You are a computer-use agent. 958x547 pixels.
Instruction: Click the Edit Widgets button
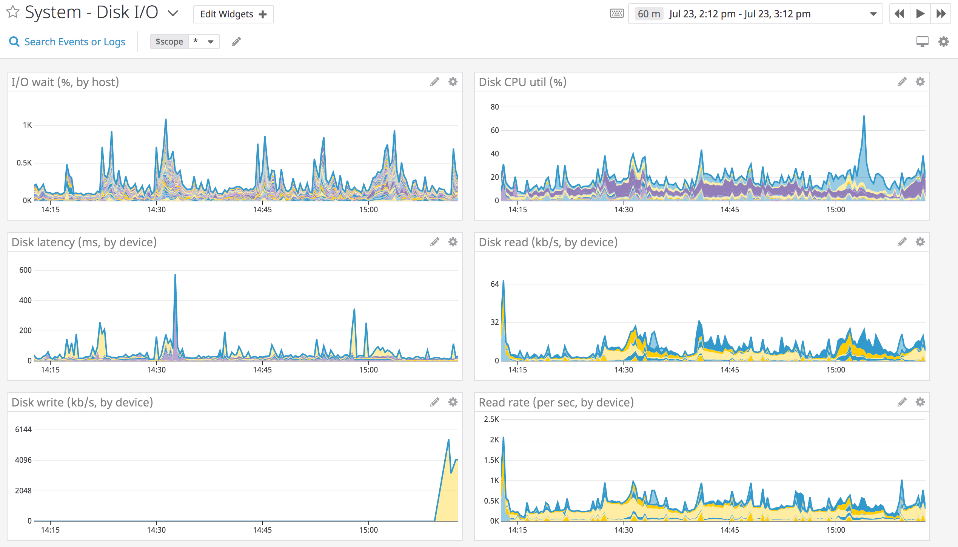click(x=233, y=14)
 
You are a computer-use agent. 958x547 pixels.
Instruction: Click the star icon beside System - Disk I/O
click(x=13, y=12)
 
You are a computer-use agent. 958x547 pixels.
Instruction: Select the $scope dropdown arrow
click(x=211, y=42)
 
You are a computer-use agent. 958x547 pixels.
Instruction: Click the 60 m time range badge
click(x=648, y=14)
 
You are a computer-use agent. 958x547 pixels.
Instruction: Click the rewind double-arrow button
click(x=899, y=14)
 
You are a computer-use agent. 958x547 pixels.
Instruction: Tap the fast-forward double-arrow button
click(x=941, y=14)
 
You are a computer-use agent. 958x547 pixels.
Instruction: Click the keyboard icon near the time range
click(x=617, y=14)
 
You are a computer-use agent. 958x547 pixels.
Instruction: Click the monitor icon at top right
click(x=922, y=42)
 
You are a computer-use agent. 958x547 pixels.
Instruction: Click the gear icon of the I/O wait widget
click(x=453, y=82)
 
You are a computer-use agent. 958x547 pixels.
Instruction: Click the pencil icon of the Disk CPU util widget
click(x=902, y=82)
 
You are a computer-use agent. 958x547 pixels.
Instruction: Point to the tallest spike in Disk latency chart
click(x=175, y=275)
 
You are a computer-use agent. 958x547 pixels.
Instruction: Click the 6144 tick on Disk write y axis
click(x=23, y=430)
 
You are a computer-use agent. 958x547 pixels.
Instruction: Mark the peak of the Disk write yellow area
click(x=448, y=440)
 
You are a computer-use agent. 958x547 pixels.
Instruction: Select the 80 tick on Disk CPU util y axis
click(x=494, y=107)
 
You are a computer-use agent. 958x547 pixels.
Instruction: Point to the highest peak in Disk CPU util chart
click(x=864, y=116)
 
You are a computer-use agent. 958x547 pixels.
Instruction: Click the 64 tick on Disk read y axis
click(x=494, y=284)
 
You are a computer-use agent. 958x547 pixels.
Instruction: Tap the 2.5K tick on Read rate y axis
click(x=491, y=419)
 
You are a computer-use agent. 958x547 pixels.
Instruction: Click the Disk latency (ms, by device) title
click(x=84, y=242)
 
